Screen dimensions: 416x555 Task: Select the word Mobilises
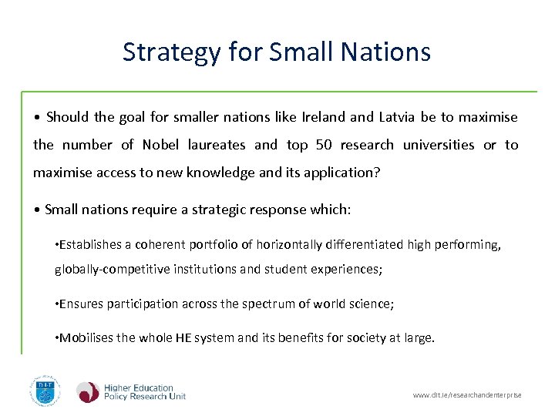pyautogui.click(x=87, y=337)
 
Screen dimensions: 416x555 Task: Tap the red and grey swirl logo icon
pyautogui.click(x=88, y=391)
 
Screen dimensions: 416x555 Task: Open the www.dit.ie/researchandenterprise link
pyautogui.click(x=467, y=395)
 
